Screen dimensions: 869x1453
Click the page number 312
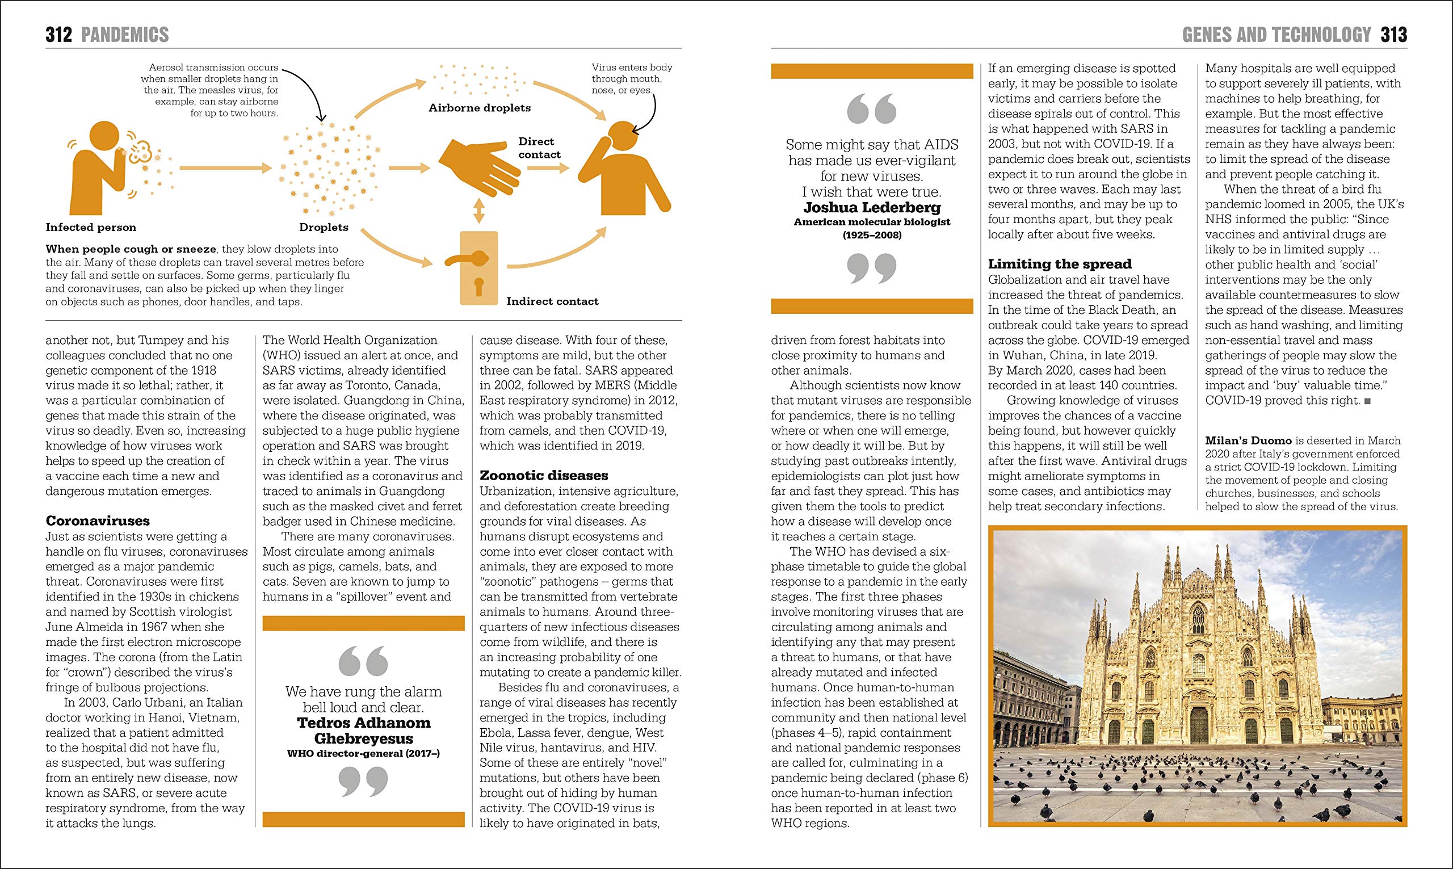(58, 35)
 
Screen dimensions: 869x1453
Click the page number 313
(1393, 35)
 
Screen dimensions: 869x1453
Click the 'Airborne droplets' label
(480, 108)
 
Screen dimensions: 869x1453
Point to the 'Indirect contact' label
(552, 301)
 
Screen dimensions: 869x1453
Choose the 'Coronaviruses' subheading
(98, 520)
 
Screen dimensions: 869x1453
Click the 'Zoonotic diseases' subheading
(544, 476)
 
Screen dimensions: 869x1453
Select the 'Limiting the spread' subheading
(1060, 264)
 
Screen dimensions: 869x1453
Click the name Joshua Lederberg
(872, 207)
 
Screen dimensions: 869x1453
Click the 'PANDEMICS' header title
(125, 35)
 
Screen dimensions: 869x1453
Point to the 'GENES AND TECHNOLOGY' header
(1276, 35)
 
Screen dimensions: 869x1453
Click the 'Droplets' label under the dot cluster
(324, 227)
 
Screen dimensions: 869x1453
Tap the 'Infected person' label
(91, 227)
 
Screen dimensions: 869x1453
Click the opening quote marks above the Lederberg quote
(872, 110)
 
